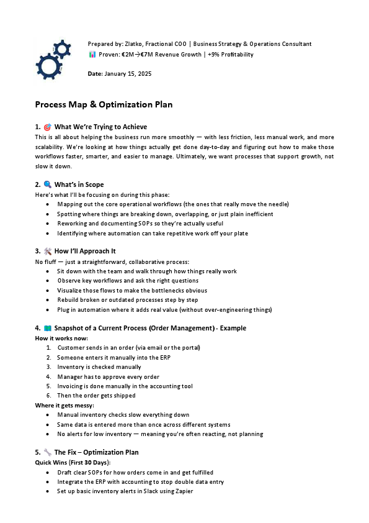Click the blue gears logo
[x=55, y=58]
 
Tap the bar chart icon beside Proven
[x=92, y=55]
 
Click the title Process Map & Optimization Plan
[x=104, y=104]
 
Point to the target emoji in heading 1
[x=47, y=127]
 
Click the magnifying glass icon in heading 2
[x=47, y=184]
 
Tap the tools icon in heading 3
[x=47, y=252]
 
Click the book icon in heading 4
[x=47, y=327]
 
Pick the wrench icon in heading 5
[x=47, y=452]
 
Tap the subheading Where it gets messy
[x=64, y=405]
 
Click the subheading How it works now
[x=61, y=338]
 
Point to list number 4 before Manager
[x=48, y=376]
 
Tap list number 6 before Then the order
[x=48, y=396]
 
